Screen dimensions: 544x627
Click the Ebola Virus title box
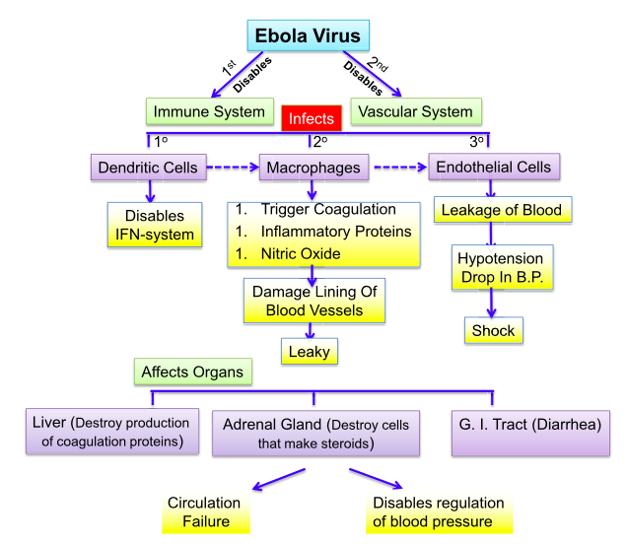(x=308, y=37)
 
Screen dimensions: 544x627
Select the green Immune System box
(x=209, y=111)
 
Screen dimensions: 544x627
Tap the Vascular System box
(x=415, y=111)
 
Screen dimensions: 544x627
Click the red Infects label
(x=312, y=119)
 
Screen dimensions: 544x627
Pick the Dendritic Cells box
(x=149, y=168)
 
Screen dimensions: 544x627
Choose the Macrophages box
(x=313, y=168)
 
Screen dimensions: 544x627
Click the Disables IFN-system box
(x=154, y=226)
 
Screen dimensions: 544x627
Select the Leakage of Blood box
(x=501, y=210)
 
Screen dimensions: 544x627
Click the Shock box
(x=493, y=330)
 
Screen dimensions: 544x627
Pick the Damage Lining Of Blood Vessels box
(x=313, y=301)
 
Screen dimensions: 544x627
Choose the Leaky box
(x=308, y=350)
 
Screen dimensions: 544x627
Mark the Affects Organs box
(x=193, y=372)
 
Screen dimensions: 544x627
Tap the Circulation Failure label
(x=204, y=511)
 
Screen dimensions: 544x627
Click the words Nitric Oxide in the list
(x=301, y=254)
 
